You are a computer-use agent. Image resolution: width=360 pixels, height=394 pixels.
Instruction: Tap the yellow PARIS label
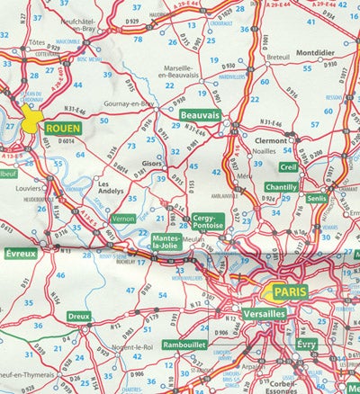(291, 292)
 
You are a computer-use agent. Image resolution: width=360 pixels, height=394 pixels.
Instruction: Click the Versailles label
(264, 313)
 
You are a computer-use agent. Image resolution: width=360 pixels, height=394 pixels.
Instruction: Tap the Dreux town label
(79, 317)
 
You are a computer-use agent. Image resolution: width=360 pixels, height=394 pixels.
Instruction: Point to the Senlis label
(317, 198)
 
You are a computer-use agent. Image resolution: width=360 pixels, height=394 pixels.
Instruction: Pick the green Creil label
(288, 166)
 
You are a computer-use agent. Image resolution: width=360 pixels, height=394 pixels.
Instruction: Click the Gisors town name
(151, 166)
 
